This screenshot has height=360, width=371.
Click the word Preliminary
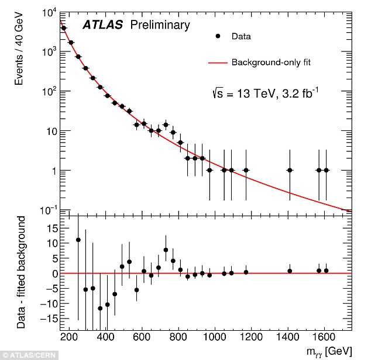coord(160,25)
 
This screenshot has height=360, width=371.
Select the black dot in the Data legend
coord(218,36)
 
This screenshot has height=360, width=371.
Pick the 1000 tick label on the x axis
coord(216,337)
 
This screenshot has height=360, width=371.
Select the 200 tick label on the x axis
coord(69,337)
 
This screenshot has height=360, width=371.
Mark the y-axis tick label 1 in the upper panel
coord(53,171)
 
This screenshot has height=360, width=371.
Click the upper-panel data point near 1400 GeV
coord(290,170)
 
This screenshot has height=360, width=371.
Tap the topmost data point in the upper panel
coord(64,28)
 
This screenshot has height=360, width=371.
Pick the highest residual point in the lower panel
coord(78,240)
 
